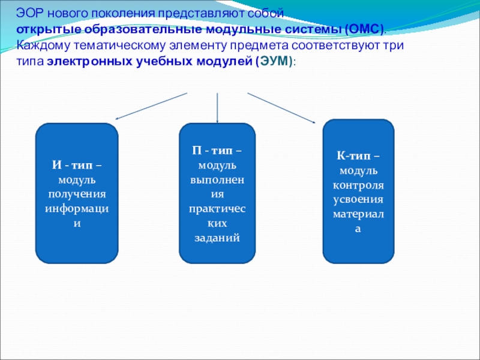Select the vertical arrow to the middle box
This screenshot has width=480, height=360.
point(217,108)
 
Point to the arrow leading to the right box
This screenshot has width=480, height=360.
point(282,109)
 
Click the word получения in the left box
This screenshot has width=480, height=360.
point(76,194)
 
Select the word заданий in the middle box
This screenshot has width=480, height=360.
point(217,238)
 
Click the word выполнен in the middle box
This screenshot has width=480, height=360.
point(217,180)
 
